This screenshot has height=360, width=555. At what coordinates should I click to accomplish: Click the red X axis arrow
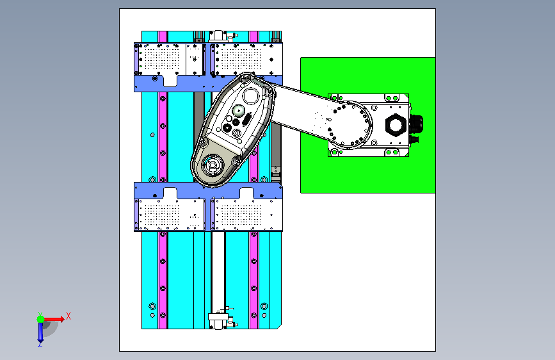[x=54, y=319]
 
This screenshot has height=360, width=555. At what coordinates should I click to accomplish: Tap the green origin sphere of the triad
[x=41, y=319]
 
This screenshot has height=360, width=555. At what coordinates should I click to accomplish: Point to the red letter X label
[x=68, y=316]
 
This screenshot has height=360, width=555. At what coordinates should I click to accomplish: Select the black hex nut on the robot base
[x=395, y=125]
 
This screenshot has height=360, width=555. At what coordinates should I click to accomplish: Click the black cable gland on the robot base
[x=417, y=124]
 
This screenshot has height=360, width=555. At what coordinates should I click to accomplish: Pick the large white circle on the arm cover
[x=251, y=95]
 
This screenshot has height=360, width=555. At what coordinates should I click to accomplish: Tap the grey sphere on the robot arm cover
[x=239, y=111]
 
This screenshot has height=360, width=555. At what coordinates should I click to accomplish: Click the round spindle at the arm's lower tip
[x=213, y=165]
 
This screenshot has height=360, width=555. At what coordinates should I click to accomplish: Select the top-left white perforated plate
[x=170, y=59]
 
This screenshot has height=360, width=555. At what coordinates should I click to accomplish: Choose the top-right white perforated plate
[x=246, y=59]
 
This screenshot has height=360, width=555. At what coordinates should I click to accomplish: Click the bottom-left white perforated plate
[x=170, y=215]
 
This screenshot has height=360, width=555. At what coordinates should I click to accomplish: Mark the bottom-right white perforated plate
[x=246, y=215]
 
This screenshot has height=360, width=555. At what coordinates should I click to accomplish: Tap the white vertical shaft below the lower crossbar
[x=218, y=271]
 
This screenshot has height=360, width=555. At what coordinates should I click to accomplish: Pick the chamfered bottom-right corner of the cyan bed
[x=279, y=326]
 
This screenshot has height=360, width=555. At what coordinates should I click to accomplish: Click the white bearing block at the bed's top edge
[x=218, y=36]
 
